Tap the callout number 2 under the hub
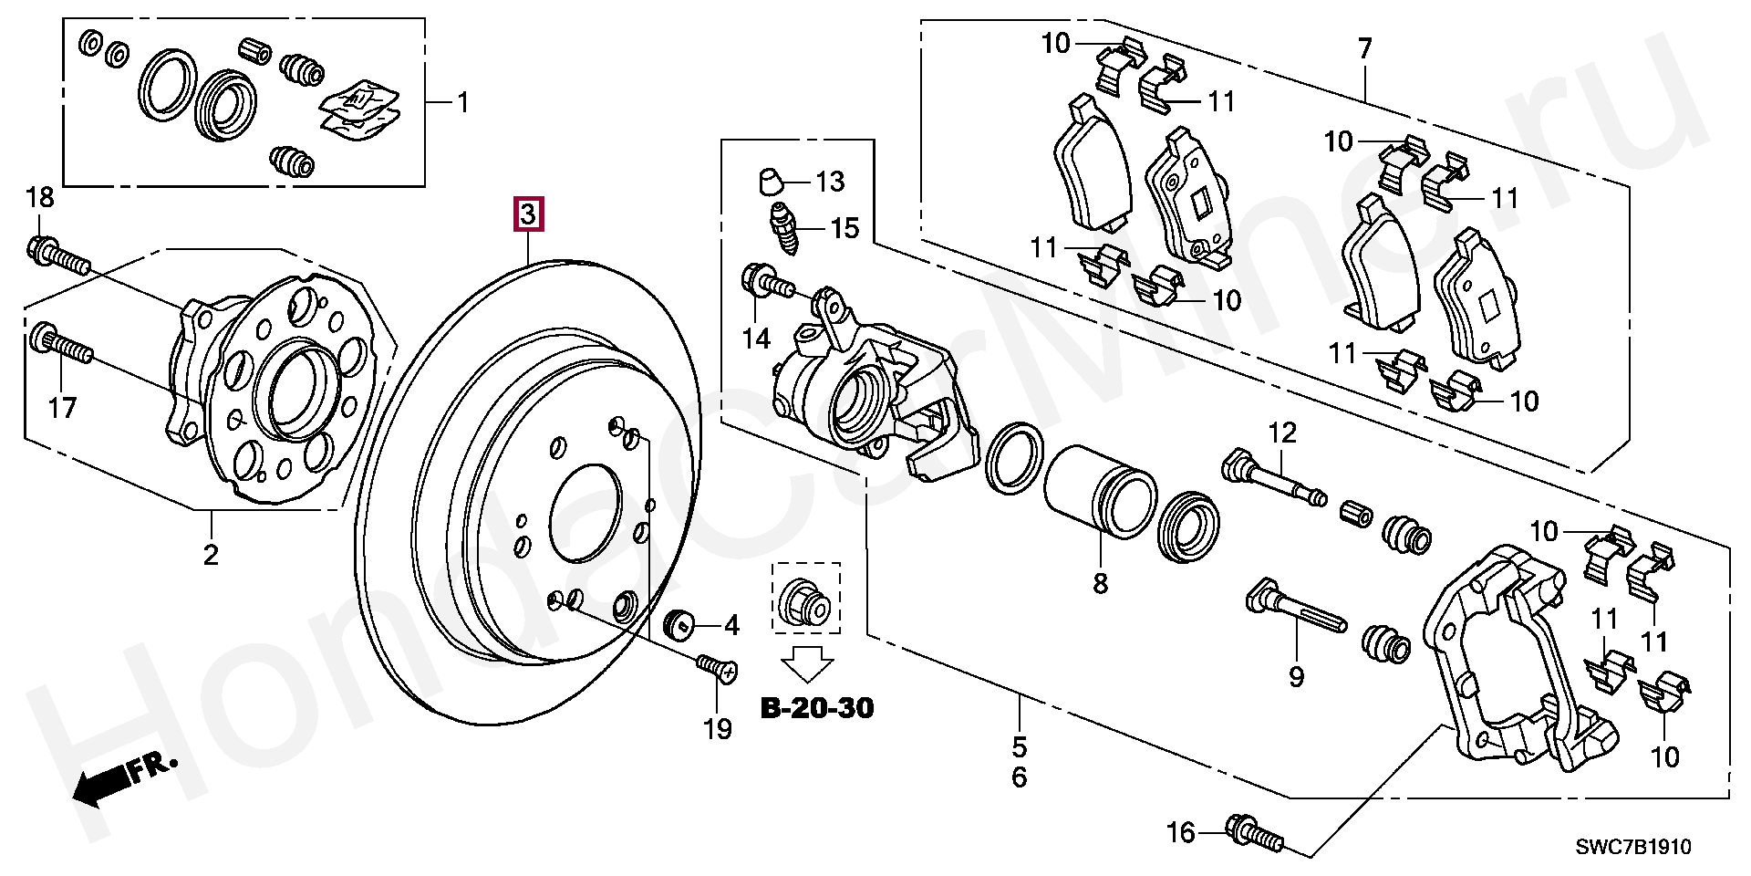coord(211,554)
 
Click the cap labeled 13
coord(771,182)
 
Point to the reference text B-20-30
coord(817,707)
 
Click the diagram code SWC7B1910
coord(1633,847)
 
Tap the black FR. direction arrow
coord(102,783)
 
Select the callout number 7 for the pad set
coord(1364,47)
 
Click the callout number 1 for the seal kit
coord(463,102)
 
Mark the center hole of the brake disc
coord(585,513)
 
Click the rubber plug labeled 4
coord(678,623)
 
